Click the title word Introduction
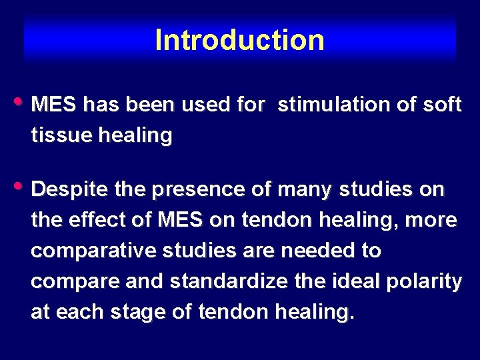point(239,40)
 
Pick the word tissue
point(60,135)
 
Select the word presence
point(195,190)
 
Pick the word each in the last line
point(75,313)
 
